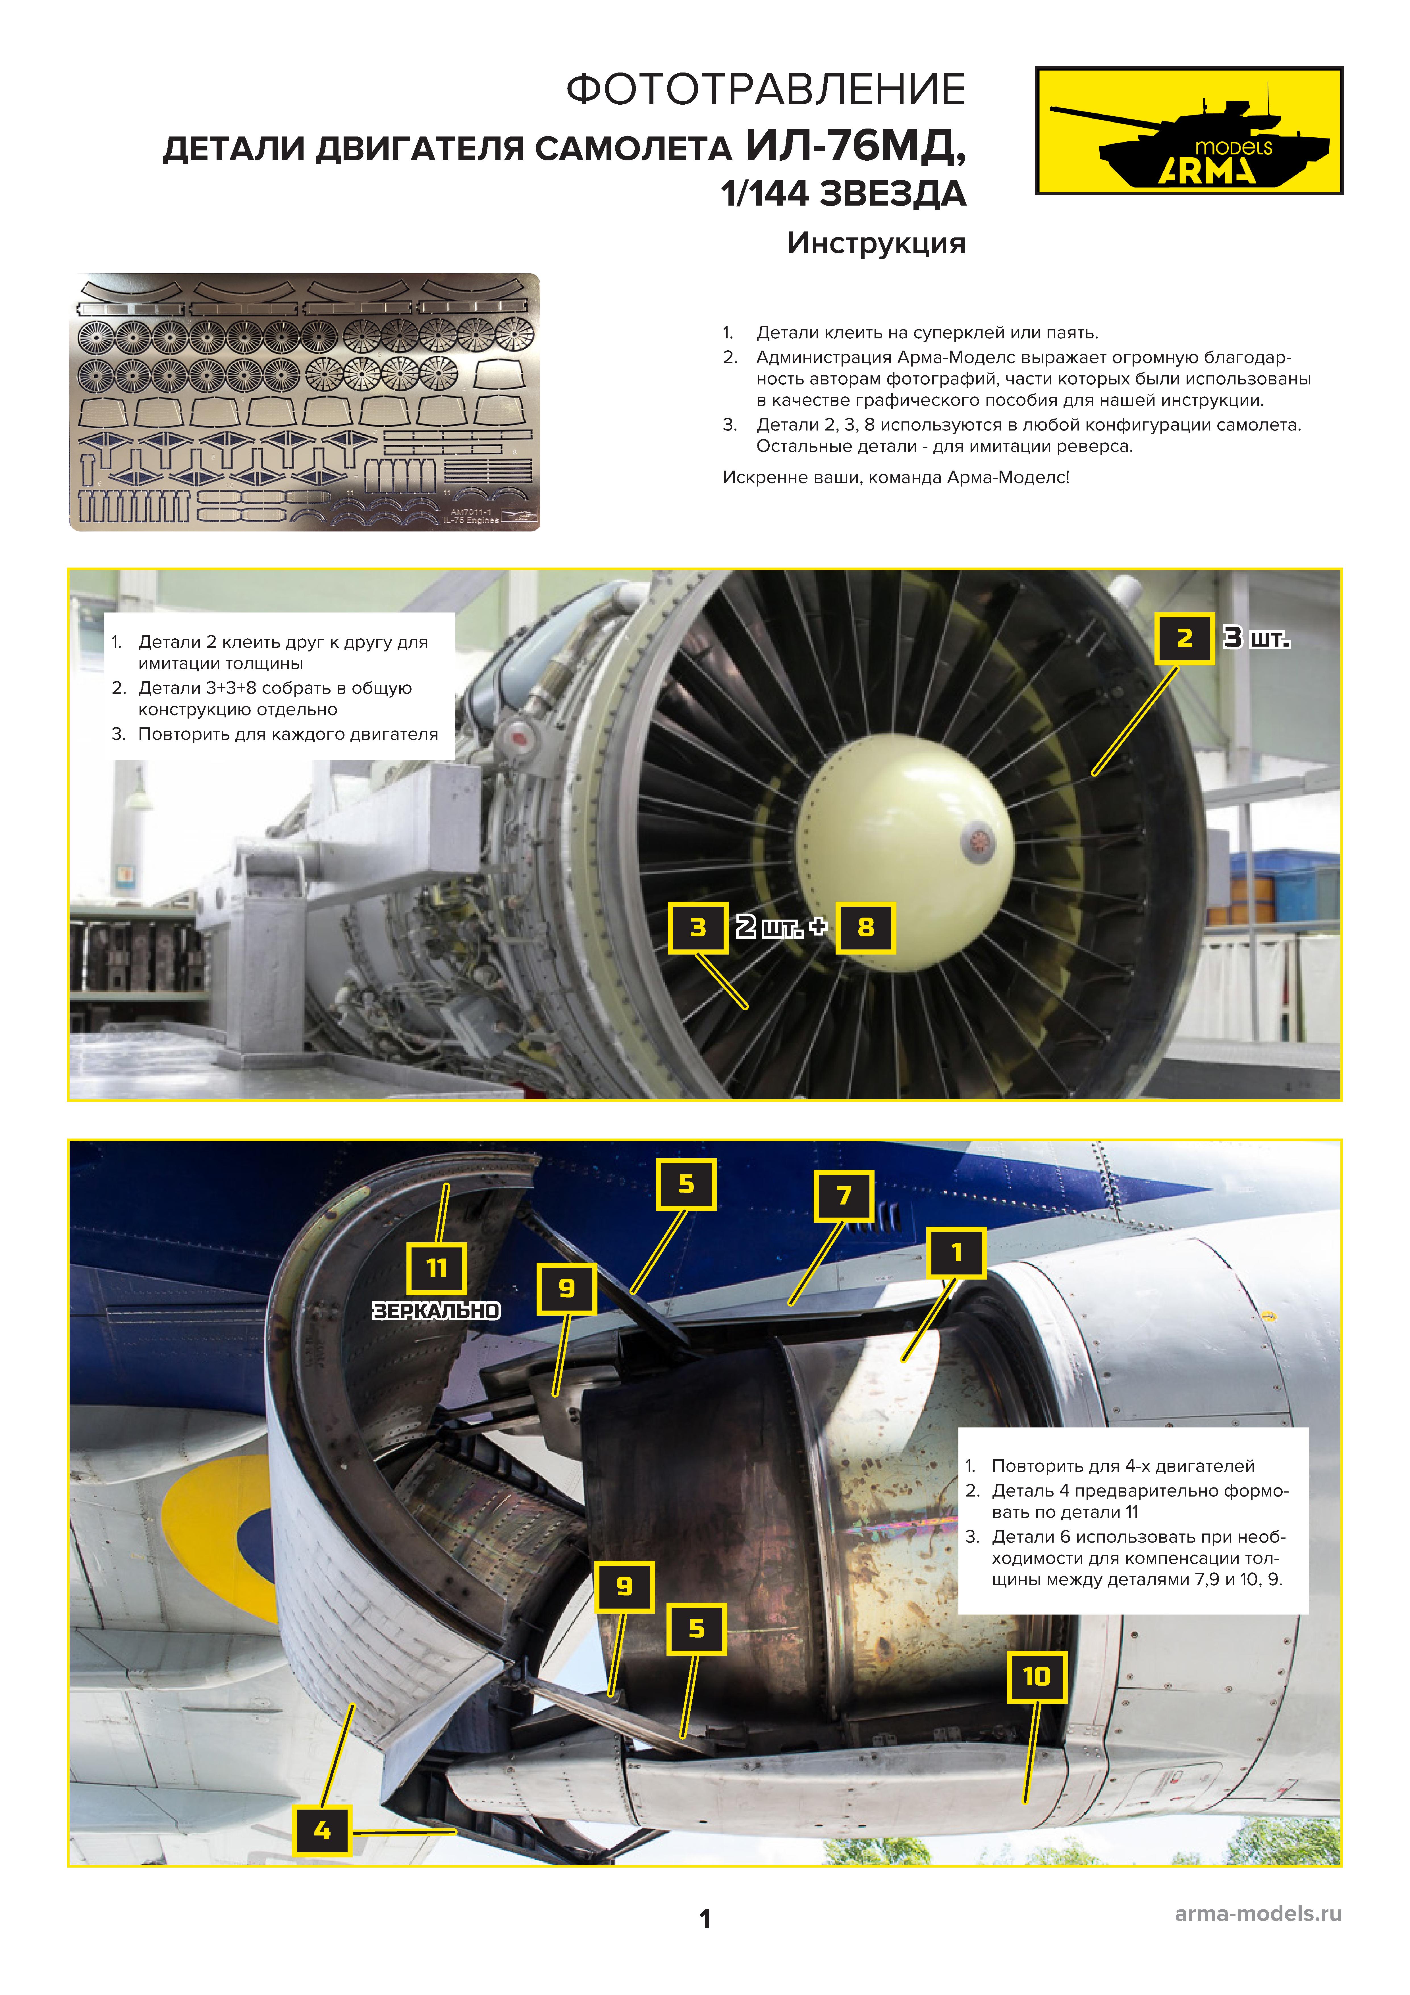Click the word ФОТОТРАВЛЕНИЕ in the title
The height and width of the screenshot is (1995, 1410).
[765, 90]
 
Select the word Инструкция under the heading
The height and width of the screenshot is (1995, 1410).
[876, 243]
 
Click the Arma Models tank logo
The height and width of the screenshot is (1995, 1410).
[1189, 130]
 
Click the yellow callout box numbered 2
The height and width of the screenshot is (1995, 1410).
[1184, 638]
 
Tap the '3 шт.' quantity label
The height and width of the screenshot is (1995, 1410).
[1256, 638]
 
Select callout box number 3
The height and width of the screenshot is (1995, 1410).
[698, 927]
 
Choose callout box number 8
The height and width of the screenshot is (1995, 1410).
[865, 927]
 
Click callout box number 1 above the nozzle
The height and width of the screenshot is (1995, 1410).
[956, 1252]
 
